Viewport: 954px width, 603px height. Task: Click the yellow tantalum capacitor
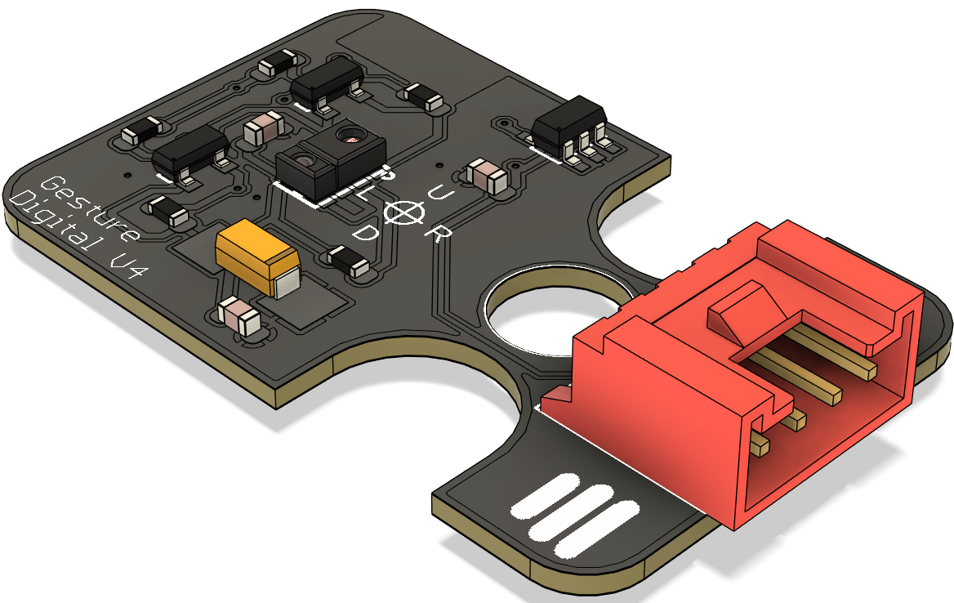[x=258, y=257]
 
